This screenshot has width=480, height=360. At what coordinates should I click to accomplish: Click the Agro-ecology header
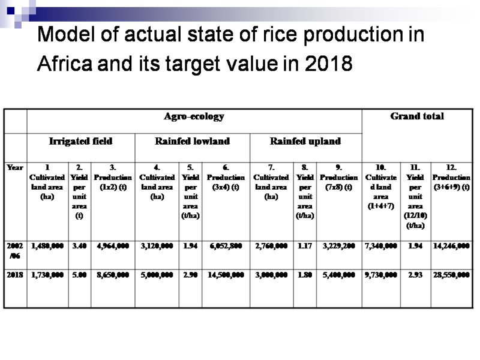pos(194,116)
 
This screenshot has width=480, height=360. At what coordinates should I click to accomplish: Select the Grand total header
pos(417,116)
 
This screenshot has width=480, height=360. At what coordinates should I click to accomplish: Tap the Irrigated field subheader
pos(80,142)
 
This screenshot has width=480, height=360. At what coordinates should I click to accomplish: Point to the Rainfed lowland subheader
pos(192,142)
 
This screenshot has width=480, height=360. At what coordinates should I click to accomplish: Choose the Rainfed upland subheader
pos(305,142)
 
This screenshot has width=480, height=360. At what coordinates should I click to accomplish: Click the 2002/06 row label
pos(15,250)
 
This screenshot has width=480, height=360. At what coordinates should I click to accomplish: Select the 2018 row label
pos(15,274)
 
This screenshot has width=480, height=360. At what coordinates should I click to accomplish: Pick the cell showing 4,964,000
pos(113,246)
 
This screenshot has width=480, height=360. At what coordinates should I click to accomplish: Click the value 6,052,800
pos(226,246)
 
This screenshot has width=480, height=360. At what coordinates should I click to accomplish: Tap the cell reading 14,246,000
pos(451,246)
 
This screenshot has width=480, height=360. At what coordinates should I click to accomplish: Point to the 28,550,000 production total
pos(451,274)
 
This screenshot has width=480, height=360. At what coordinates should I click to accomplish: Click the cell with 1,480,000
pos(47,246)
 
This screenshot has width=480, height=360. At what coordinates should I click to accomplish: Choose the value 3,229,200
pos(338,246)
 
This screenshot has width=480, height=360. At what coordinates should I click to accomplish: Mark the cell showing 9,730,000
pos(380,274)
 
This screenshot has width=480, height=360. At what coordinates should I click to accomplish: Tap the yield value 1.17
pos(305,246)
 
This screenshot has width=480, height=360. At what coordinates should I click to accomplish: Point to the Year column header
pos(15,169)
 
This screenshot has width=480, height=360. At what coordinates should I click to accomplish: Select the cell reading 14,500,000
pos(226,274)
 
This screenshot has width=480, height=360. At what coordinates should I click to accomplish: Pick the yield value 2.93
pos(416,274)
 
